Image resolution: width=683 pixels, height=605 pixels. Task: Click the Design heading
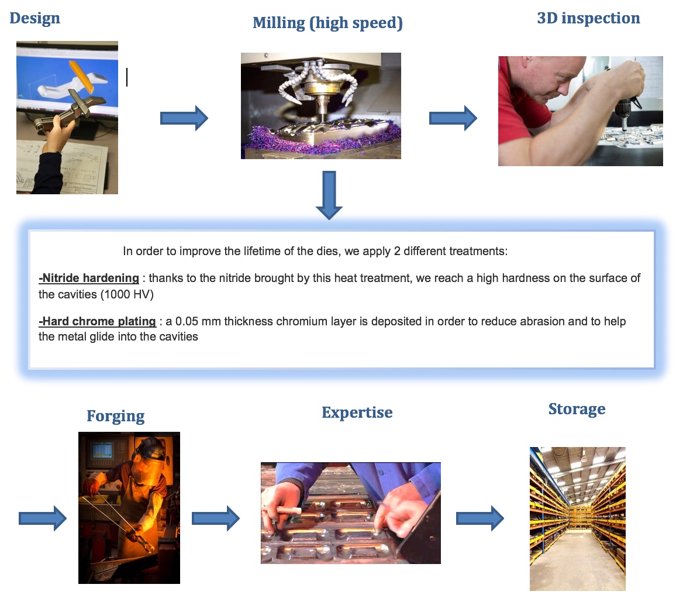coord(35,18)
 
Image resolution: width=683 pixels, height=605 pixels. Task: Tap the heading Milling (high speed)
coord(327,23)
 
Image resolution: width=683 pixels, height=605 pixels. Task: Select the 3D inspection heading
coord(588,18)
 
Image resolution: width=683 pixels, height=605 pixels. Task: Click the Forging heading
coord(115,417)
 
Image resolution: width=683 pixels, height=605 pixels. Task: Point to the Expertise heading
coord(357,412)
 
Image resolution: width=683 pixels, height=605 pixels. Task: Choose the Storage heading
coord(577,409)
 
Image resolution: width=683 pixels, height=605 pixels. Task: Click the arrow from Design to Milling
coord(184,119)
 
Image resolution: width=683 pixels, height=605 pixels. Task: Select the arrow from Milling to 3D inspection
coord(453,119)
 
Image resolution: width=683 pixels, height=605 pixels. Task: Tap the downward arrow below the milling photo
coord(329,195)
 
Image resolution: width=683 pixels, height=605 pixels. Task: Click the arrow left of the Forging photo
coord(43,518)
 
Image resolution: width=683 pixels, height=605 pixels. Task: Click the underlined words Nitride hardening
coord(89,278)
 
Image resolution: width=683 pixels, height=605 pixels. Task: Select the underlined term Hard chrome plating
coord(97,321)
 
